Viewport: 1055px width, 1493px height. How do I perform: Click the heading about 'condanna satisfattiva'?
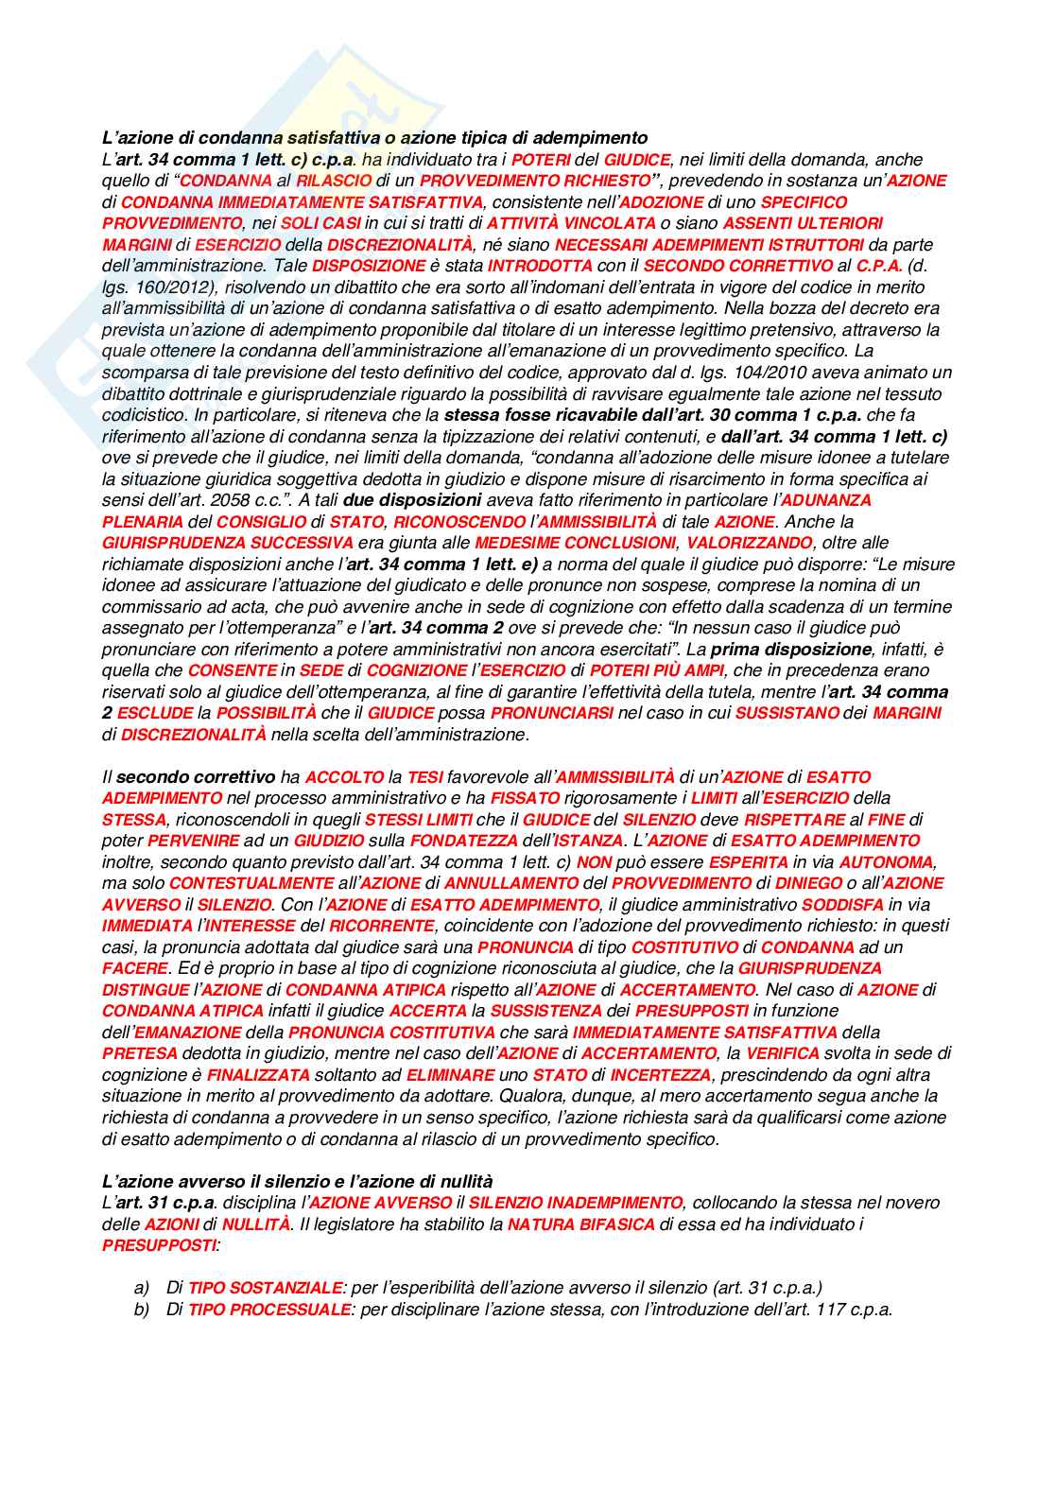[x=374, y=138]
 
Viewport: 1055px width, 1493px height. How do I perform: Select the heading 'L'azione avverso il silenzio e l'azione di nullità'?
[x=298, y=1181]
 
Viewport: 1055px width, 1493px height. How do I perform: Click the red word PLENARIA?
[x=142, y=522]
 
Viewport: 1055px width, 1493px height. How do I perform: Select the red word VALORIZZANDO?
[x=749, y=543]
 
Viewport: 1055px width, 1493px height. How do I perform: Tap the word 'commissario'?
[x=147, y=607]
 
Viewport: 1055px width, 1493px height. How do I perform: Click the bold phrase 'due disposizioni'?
[x=412, y=500]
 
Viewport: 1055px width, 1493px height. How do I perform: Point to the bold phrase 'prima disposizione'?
[x=790, y=650]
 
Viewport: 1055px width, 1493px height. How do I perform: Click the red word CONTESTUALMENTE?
[x=251, y=883]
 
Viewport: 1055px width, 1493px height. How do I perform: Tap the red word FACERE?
[x=134, y=968]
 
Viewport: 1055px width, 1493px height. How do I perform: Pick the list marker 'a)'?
[x=142, y=1288]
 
